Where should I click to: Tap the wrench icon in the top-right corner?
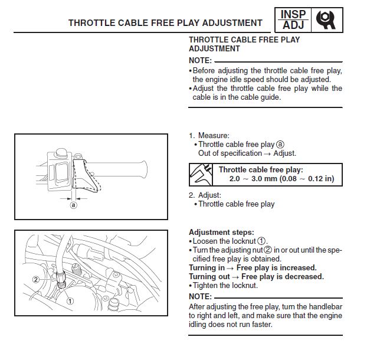326,19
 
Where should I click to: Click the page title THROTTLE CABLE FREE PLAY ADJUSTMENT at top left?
165,23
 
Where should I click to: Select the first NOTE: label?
201,61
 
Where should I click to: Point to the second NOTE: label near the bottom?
201,296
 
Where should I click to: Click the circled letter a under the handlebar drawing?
74,206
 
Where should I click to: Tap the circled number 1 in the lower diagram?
70,300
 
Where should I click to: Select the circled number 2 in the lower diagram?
36,279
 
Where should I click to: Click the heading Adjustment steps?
221,233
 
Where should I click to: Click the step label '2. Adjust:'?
205,195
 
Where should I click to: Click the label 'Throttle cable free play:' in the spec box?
260,169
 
